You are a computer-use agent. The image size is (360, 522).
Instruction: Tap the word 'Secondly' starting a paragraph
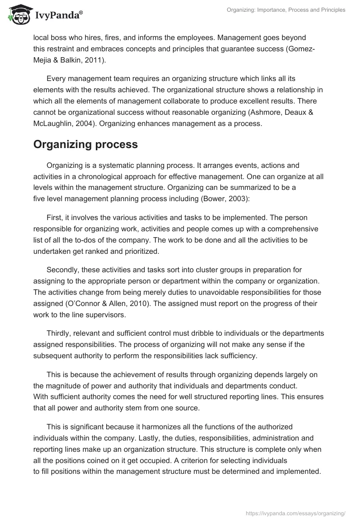coord(62,270)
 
